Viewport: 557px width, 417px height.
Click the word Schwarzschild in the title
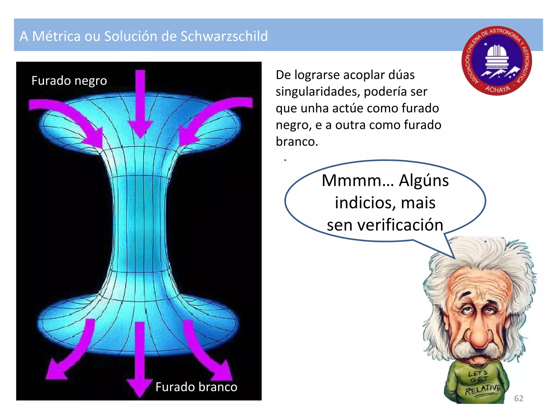pyautogui.click(x=224, y=36)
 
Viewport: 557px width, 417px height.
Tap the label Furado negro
pyautogui.click(x=69, y=81)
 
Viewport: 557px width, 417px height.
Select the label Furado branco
pyautogui.click(x=196, y=387)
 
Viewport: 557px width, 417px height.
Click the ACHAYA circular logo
pyautogui.click(x=497, y=61)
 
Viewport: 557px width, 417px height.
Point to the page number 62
pyautogui.click(x=519, y=398)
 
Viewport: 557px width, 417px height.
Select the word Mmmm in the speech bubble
pyautogui.click(x=358, y=181)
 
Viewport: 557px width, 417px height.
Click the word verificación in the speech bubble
pyautogui.click(x=400, y=225)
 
